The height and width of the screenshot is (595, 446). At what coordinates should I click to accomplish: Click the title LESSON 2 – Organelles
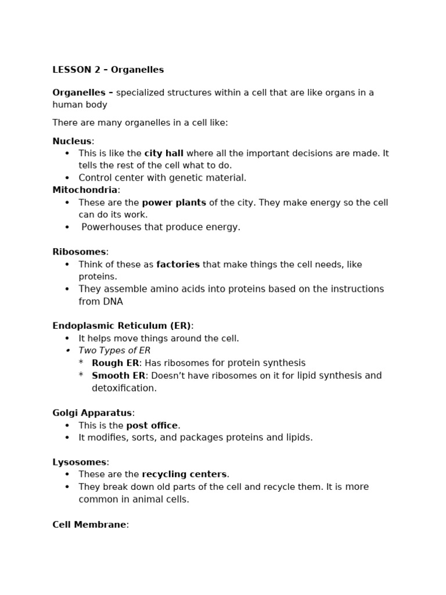pos(108,70)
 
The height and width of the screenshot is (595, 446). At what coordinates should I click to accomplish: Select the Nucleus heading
pos(72,141)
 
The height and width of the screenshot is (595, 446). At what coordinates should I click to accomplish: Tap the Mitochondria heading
pos(85,190)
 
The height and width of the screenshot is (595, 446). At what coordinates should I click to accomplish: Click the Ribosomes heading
pos(80,252)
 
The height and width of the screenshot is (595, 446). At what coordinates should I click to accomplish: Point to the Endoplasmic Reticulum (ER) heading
pos(122,326)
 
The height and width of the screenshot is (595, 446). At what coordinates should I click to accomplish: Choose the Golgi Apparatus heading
pos(92,413)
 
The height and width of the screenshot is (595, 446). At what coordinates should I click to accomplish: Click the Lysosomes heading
pos(80,462)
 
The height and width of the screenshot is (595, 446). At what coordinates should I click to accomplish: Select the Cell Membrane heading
pos(89,525)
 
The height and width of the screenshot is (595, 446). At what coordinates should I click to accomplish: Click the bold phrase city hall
pos(164,153)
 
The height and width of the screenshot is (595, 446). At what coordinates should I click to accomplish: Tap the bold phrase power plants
pos(174,203)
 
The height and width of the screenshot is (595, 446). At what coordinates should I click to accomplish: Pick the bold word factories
pos(178,264)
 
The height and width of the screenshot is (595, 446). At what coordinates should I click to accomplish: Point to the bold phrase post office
pos(152,425)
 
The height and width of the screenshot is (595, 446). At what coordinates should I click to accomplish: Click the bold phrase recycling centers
pos(184,474)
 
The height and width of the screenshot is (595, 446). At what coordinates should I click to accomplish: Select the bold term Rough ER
pos(116,363)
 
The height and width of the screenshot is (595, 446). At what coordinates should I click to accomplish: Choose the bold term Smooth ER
pos(118,375)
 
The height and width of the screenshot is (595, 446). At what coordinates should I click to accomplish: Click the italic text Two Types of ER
pos(114,350)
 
